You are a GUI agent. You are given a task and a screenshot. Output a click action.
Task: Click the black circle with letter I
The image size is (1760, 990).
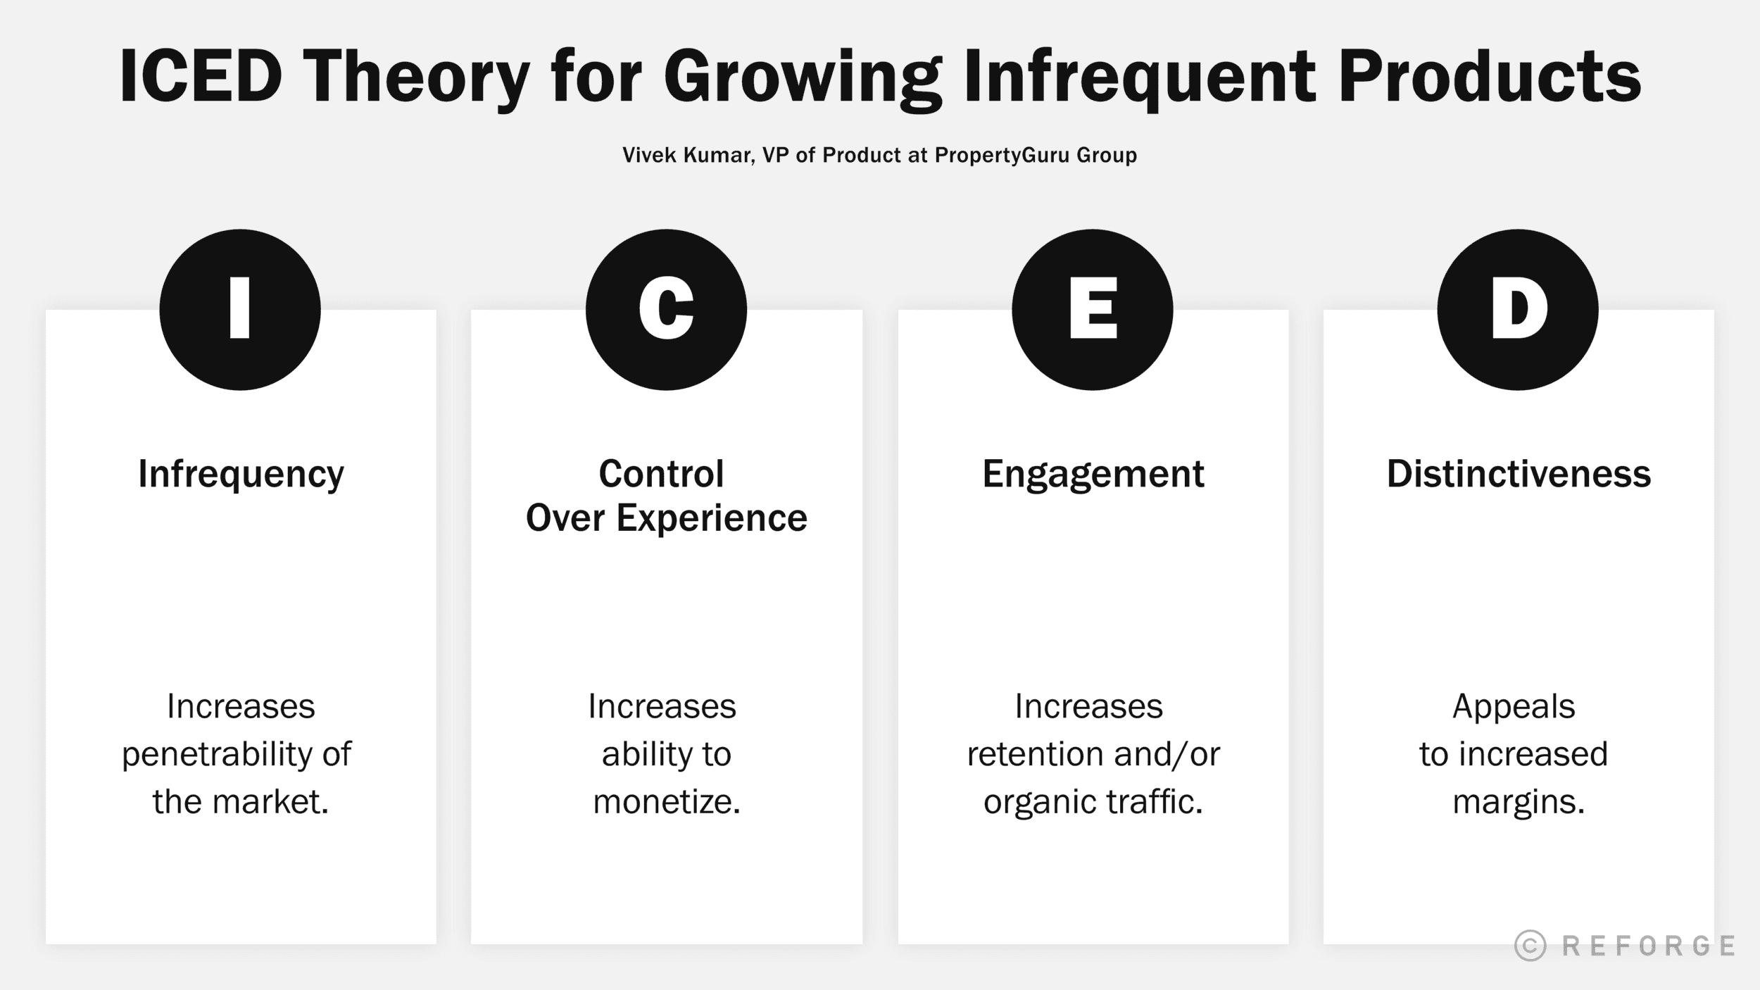(x=240, y=309)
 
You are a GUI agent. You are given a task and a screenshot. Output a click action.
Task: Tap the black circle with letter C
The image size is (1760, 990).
(x=666, y=309)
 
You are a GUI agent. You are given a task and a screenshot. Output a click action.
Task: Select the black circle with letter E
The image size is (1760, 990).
(x=1093, y=309)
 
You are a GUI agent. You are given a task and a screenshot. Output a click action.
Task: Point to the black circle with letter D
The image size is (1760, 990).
(x=1518, y=309)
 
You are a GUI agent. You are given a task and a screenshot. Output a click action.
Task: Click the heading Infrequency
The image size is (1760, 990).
(x=241, y=474)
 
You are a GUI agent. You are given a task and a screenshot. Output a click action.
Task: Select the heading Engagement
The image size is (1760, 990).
(x=1093, y=474)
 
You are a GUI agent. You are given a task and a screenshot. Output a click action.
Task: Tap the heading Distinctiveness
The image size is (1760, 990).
(x=1519, y=474)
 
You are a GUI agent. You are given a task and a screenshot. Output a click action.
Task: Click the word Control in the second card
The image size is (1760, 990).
(x=661, y=473)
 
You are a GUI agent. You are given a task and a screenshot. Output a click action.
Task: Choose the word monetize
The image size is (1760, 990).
(x=666, y=801)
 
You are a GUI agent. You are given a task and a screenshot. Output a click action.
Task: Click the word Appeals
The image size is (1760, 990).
(x=1514, y=706)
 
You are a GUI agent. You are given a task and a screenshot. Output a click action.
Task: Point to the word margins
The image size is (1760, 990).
(x=1519, y=801)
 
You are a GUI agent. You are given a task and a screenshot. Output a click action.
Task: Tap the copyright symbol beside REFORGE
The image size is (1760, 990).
(x=1530, y=946)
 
